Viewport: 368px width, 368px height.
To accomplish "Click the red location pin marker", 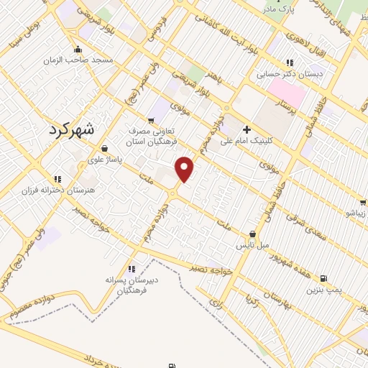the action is pos(185,168).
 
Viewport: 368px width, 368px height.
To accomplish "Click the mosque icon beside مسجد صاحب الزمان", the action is pos(78,50).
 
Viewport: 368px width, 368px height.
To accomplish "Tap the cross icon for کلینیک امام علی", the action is pos(247,130).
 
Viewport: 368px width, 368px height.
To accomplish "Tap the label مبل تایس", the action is pos(253,245).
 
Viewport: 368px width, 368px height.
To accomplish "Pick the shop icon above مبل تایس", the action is pos(253,234).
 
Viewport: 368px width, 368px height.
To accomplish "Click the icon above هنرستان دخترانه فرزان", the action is pos(57,179).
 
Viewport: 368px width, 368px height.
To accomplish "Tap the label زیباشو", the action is pos(356,213).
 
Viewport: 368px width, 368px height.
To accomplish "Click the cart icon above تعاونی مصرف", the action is pos(150,120).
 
